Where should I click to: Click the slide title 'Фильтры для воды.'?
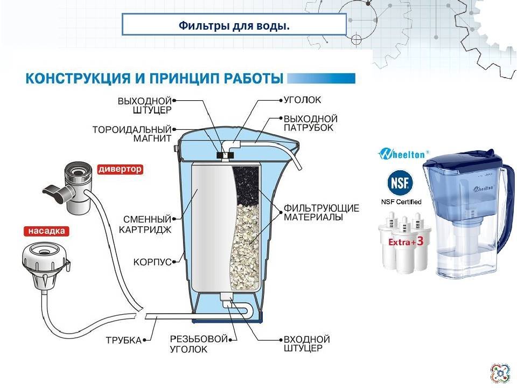[234, 25]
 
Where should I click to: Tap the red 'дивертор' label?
[120, 169]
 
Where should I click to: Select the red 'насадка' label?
[46, 231]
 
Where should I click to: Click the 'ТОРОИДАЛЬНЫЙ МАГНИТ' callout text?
[132, 134]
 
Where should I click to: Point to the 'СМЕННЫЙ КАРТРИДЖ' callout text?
[145, 224]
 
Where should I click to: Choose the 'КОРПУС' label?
[152, 262]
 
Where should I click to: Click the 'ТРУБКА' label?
[124, 340]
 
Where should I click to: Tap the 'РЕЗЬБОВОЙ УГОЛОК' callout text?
[199, 344]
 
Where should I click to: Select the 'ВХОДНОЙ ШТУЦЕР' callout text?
[306, 344]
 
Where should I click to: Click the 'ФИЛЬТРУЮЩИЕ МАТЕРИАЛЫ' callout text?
[322, 213]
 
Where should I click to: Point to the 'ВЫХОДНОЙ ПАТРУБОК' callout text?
[311, 123]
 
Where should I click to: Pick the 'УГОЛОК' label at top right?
[302, 100]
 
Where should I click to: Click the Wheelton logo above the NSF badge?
[403, 154]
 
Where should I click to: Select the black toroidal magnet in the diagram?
[225, 155]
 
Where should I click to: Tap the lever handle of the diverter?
[56, 193]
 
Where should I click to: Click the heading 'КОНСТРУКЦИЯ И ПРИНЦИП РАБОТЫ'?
[155, 79]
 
